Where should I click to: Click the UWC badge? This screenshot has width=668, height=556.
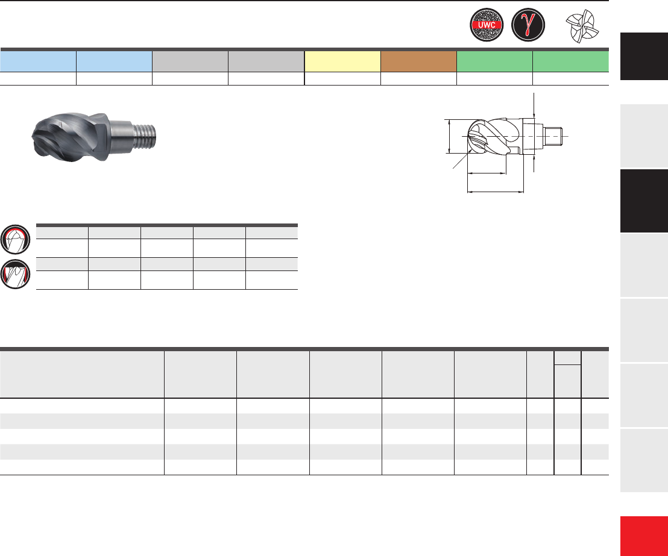tap(487, 25)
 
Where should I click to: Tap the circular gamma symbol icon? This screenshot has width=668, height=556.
tap(528, 25)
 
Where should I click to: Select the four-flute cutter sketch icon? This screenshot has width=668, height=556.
tap(582, 27)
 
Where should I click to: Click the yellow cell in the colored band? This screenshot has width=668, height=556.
tap(342, 61)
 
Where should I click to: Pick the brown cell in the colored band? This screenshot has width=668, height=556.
tap(418, 61)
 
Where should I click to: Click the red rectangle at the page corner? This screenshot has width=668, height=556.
tap(644, 536)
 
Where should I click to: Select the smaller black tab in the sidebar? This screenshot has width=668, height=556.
tap(644, 56)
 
